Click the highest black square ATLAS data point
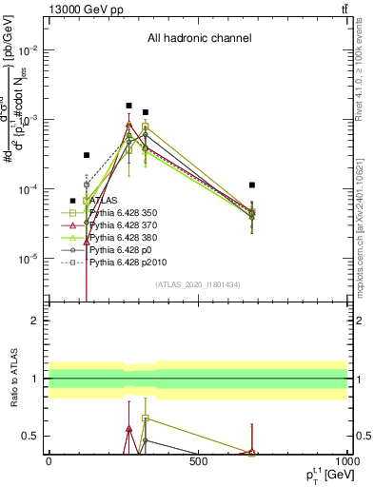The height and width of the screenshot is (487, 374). tap(128, 106)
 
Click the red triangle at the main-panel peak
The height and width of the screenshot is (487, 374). tap(128, 125)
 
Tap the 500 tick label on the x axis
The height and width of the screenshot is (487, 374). tap(198, 461)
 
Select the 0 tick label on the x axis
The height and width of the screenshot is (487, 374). tap(49, 461)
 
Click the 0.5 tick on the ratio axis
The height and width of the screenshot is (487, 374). tap(33, 436)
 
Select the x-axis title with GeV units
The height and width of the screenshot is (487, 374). tap(325, 475)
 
